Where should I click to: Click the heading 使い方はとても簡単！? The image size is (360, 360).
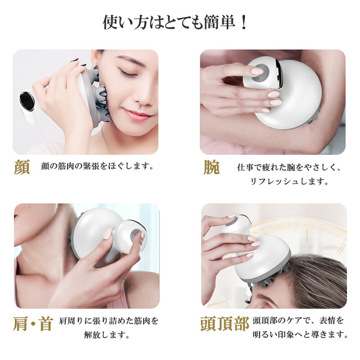pyautogui.click(x=175, y=22)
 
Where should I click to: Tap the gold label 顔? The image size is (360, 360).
pyautogui.click(x=22, y=167)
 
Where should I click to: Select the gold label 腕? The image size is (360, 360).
pyautogui.click(x=211, y=167)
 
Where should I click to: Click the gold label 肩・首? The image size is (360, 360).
pyautogui.click(x=33, y=324)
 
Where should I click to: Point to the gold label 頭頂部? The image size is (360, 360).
pyautogui.click(x=225, y=324)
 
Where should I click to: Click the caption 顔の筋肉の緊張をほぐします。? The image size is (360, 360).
pyautogui.click(x=97, y=166)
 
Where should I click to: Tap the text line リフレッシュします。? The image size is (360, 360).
pyautogui.click(x=289, y=181)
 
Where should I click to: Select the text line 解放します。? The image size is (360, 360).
pyautogui.click(x=107, y=335)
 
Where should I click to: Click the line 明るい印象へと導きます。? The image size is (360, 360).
pyautogui.click(x=301, y=334)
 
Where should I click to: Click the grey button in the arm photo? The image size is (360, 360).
pyautogui.click(x=261, y=73)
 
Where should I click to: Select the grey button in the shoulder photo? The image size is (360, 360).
pyautogui.click(x=136, y=236)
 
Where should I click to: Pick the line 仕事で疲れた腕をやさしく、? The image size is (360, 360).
pyautogui.click(x=288, y=167)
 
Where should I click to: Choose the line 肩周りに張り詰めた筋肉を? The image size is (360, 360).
pyautogui.click(x=108, y=320)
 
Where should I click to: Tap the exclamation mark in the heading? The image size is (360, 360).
pyautogui.click(x=244, y=22)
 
